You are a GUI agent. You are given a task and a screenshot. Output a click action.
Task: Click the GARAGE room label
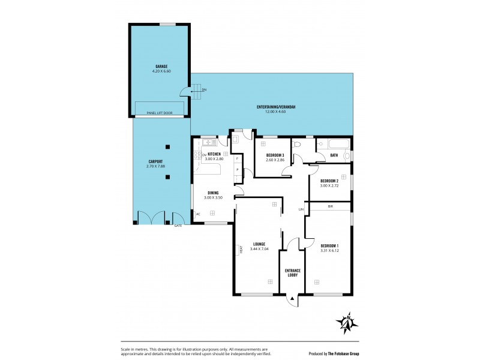(161, 66)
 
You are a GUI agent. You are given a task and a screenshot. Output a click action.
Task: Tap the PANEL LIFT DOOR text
(160, 113)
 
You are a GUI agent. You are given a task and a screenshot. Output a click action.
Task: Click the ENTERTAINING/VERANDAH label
(276, 107)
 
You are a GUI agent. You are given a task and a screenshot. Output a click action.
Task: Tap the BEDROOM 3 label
(275, 155)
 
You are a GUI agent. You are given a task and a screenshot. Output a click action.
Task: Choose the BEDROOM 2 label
(329, 181)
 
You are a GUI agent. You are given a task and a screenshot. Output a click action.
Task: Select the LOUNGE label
(259, 244)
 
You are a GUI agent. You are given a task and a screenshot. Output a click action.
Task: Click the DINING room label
(213, 193)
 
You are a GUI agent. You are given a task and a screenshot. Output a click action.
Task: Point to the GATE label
(178, 226)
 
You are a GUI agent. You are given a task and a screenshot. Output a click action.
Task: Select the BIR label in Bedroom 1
(330, 206)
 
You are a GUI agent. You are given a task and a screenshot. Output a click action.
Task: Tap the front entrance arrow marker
(292, 297)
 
